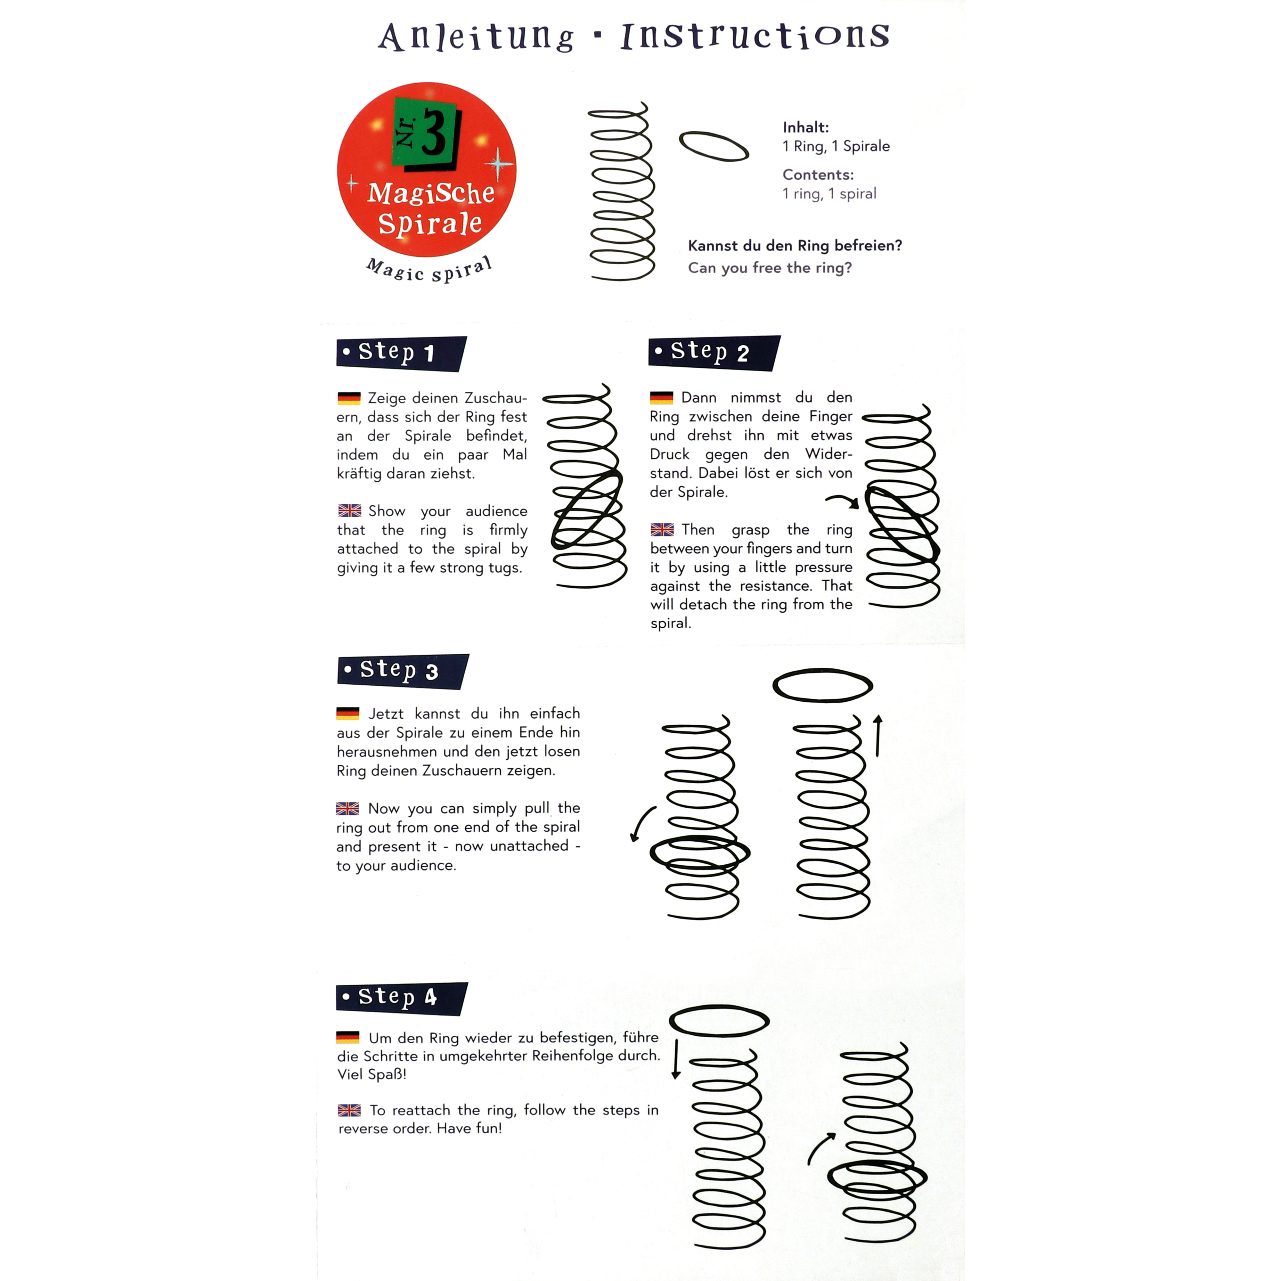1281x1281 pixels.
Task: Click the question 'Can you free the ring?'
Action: (769, 268)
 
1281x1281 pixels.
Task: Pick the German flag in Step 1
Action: (349, 398)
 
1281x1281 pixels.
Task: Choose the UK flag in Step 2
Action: (662, 530)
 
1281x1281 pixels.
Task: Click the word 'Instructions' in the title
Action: (755, 36)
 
